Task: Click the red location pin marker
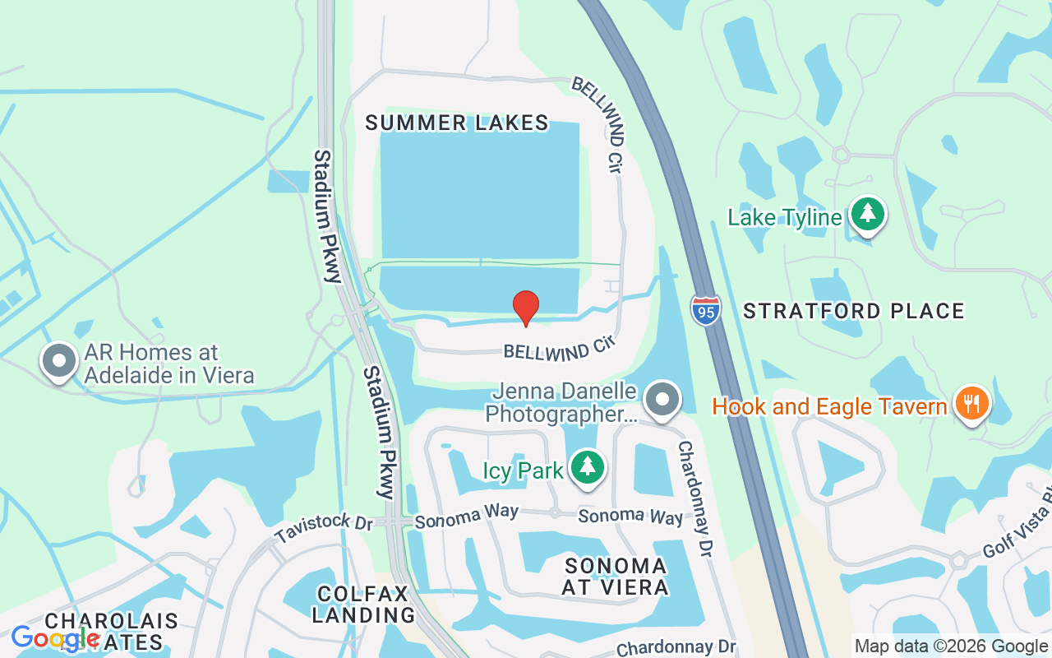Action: point(526,308)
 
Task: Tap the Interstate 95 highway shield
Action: point(705,308)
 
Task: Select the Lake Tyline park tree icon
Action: point(867,215)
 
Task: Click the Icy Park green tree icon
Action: point(587,468)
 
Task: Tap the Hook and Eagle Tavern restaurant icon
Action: point(971,404)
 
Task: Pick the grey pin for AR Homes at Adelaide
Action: point(59,360)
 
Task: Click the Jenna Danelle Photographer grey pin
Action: point(662,400)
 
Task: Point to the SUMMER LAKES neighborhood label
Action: point(457,123)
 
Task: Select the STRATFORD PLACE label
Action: point(853,311)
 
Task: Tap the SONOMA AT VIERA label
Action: point(616,576)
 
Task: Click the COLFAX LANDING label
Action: point(363,604)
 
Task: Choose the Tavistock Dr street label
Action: point(324,531)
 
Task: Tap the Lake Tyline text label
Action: point(785,217)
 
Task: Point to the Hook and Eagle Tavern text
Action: point(829,406)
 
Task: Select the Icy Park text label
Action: point(523,471)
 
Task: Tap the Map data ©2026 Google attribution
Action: point(951,646)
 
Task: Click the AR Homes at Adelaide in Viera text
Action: point(168,364)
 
